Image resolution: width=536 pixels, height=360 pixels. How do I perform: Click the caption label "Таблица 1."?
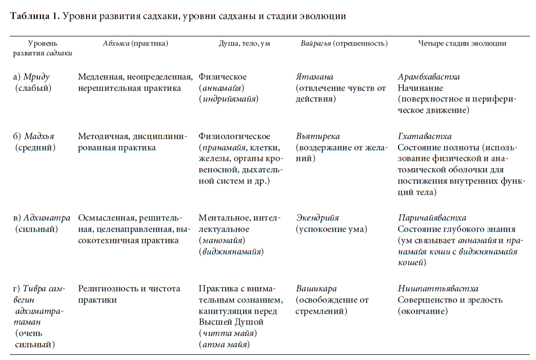point(34,16)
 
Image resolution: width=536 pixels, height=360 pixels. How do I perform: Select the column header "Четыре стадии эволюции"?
point(462,44)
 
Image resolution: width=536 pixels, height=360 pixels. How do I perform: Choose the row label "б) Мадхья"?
point(34,136)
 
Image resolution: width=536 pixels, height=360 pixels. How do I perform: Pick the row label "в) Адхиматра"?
point(42,218)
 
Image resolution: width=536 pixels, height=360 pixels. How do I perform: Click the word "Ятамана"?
point(314,77)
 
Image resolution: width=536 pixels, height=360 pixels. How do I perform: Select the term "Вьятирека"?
point(317,136)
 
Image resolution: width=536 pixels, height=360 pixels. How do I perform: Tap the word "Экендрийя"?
point(317,218)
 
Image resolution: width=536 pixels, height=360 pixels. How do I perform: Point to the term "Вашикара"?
point(316,289)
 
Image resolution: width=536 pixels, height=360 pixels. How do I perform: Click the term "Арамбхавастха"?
point(429,77)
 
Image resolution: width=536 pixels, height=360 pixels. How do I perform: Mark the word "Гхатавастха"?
point(425,136)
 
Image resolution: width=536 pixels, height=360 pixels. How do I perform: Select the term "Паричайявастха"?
point(432,218)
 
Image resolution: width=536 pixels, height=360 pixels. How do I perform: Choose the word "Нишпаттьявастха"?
point(438,289)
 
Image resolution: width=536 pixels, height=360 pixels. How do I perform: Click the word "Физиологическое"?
point(234,136)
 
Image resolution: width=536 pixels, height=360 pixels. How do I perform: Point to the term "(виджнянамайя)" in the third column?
point(231,252)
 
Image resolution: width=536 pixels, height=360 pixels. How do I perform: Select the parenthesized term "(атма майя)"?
point(224,345)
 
